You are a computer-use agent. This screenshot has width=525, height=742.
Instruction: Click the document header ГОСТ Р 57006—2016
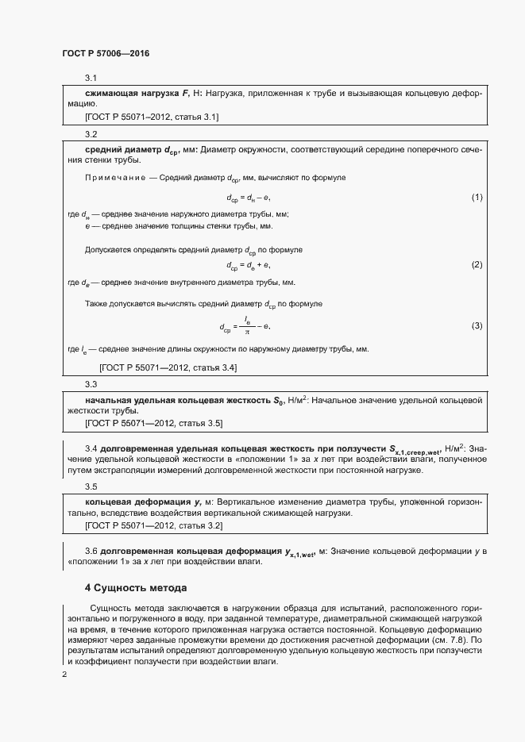[x=106, y=53]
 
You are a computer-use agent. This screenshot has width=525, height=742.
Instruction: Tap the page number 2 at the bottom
[x=64, y=675]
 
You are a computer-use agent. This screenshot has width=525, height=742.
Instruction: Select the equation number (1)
[x=477, y=197]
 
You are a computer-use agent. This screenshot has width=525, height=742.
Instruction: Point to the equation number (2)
[x=477, y=264]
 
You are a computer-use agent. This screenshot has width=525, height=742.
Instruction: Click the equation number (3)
[x=477, y=325]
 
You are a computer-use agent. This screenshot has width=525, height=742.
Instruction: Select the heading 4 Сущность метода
[x=136, y=588]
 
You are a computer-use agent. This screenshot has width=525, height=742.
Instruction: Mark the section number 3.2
[x=91, y=134]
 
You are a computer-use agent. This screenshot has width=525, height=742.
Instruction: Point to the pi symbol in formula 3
[x=247, y=332]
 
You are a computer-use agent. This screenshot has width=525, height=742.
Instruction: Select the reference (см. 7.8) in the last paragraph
[x=452, y=639]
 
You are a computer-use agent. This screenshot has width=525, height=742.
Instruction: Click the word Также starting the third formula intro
[x=97, y=304]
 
